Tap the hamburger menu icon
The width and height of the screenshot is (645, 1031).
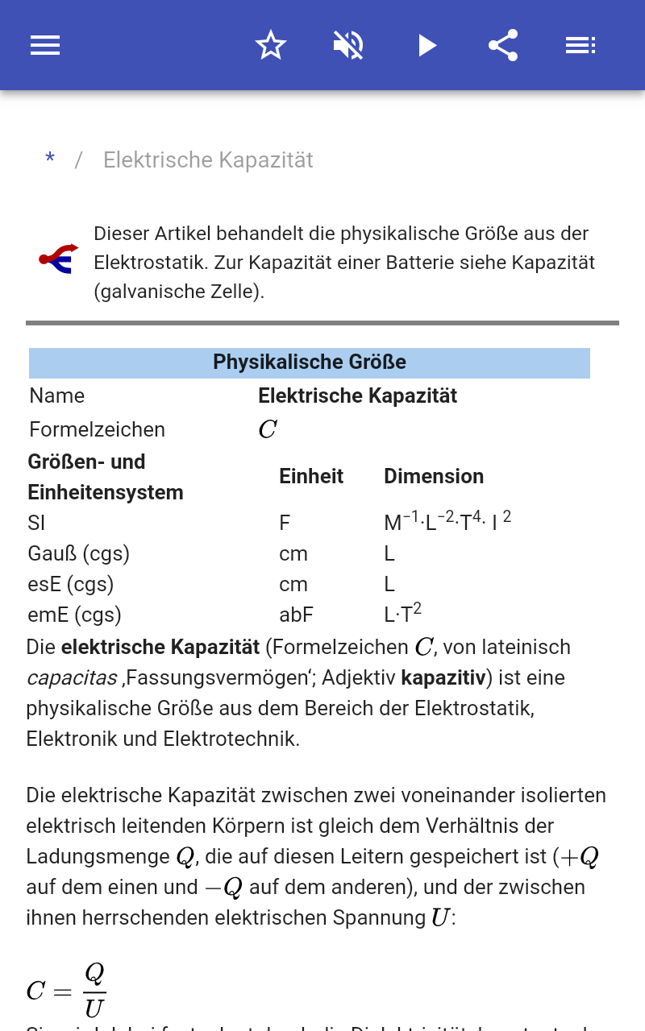(x=45, y=45)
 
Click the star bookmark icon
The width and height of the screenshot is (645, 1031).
(x=271, y=45)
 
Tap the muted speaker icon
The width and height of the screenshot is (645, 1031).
(x=348, y=45)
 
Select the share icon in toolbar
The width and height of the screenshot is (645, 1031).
(x=503, y=45)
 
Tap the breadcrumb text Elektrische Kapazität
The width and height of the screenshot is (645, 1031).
(x=208, y=160)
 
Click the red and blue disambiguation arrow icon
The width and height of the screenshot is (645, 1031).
(x=59, y=258)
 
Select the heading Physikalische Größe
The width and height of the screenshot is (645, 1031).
(x=310, y=362)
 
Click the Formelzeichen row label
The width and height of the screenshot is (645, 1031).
(x=97, y=429)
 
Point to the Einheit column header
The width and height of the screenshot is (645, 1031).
(x=311, y=476)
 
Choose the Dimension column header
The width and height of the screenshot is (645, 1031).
(x=434, y=476)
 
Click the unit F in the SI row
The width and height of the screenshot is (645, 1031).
(x=285, y=524)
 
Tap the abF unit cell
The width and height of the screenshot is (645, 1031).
(x=296, y=615)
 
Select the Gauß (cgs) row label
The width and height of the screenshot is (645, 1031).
(x=78, y=554)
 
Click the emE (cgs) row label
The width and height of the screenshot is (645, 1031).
(x=74, y=615)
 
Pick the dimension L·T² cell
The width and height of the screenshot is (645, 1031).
(x=402, y=614)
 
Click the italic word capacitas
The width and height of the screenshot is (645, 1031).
(x=72, y=678)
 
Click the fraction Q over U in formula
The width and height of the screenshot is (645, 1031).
(x=94, y=990)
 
